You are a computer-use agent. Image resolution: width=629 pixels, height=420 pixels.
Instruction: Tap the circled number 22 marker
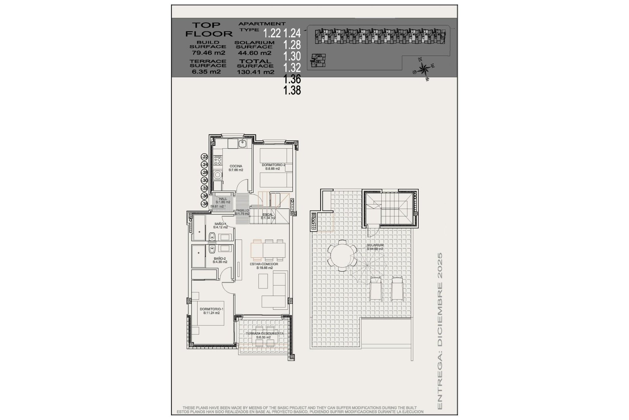pyautogui.click(x=205, y=157)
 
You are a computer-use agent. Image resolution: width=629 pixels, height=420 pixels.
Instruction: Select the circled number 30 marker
pyautogui.click(x=205, y=180)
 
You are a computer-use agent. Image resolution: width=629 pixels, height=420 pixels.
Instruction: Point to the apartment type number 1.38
pyautogui.click(x=292, y=90)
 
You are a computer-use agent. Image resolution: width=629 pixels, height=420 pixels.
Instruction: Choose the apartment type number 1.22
pyautogui.click(x=272, y=33)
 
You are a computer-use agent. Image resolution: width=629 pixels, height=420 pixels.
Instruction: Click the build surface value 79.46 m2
pyautogui.click(x=208, y=52)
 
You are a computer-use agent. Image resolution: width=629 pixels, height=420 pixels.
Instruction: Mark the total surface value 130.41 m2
pyautogui.click(x=256, y=72)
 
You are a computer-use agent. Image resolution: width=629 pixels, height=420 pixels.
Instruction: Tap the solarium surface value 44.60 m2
pyautogui.click(x=254, y=53)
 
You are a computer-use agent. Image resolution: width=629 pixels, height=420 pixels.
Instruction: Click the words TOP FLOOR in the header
pyautogui.click(x=209, y=29)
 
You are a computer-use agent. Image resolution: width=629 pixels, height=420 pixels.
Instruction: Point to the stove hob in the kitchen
pyautogui.click(x=218, y=161)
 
